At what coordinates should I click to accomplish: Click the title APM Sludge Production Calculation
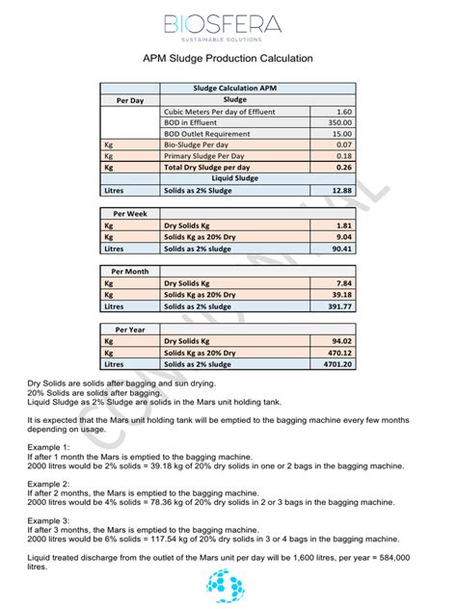pos(228,59)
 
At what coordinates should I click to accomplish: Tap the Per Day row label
pos(130,99)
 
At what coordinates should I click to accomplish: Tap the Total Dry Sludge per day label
pos(208,167)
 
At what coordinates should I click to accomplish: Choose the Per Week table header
pos(130,213)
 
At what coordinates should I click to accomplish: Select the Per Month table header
pos(130,272)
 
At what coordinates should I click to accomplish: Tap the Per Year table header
pos(130,331)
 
